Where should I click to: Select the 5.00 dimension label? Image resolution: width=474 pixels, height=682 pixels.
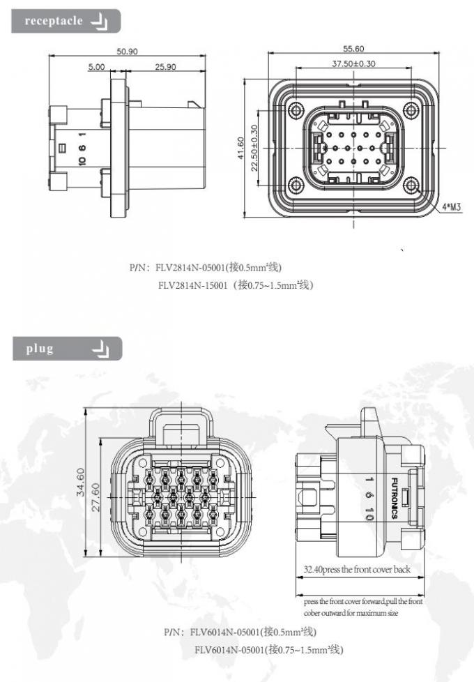(x=96, y=67)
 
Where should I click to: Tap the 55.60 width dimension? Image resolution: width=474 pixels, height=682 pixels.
(x=353, y=49)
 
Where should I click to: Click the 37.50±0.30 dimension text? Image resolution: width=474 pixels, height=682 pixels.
(x=353, y=63)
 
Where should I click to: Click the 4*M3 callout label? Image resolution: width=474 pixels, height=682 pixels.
(x=452, y=207)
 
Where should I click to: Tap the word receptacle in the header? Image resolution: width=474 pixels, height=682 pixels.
(x=54, y=21)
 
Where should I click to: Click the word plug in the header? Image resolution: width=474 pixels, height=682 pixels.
(x=40, y=349)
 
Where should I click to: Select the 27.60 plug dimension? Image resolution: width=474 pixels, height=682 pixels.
(x=96, y=497)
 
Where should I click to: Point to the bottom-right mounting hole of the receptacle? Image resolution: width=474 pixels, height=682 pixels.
(x=411, y=187)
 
